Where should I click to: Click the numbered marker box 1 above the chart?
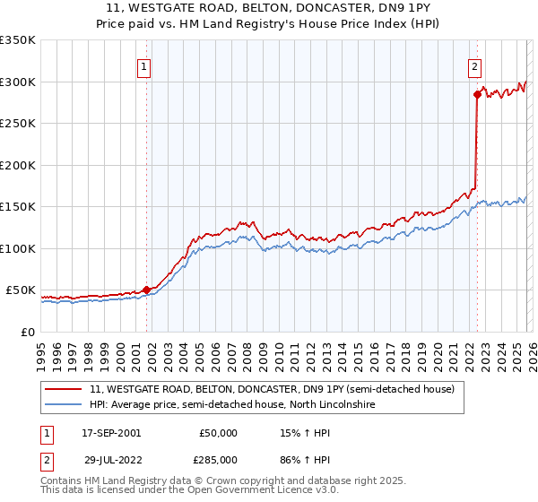tap(145, 65)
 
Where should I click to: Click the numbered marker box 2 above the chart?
tap(474, 65)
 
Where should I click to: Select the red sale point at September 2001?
tap(146, 290)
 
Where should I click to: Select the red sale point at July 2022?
tap(477, 94)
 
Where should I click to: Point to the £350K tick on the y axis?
tap(18, 40)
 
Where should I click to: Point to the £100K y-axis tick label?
tap(18, 248)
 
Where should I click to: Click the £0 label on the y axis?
tap(27, 332)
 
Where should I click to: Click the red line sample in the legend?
tap(64, 389)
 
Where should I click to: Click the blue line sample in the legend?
tap(64, 405)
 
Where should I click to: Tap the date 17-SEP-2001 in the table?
tap(111, 433)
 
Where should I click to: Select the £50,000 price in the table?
tap(218, 433)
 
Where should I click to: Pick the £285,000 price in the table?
tap(218, 459)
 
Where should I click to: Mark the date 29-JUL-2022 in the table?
tap(111, 459)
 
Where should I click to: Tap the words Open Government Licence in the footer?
tap(258, 490)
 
